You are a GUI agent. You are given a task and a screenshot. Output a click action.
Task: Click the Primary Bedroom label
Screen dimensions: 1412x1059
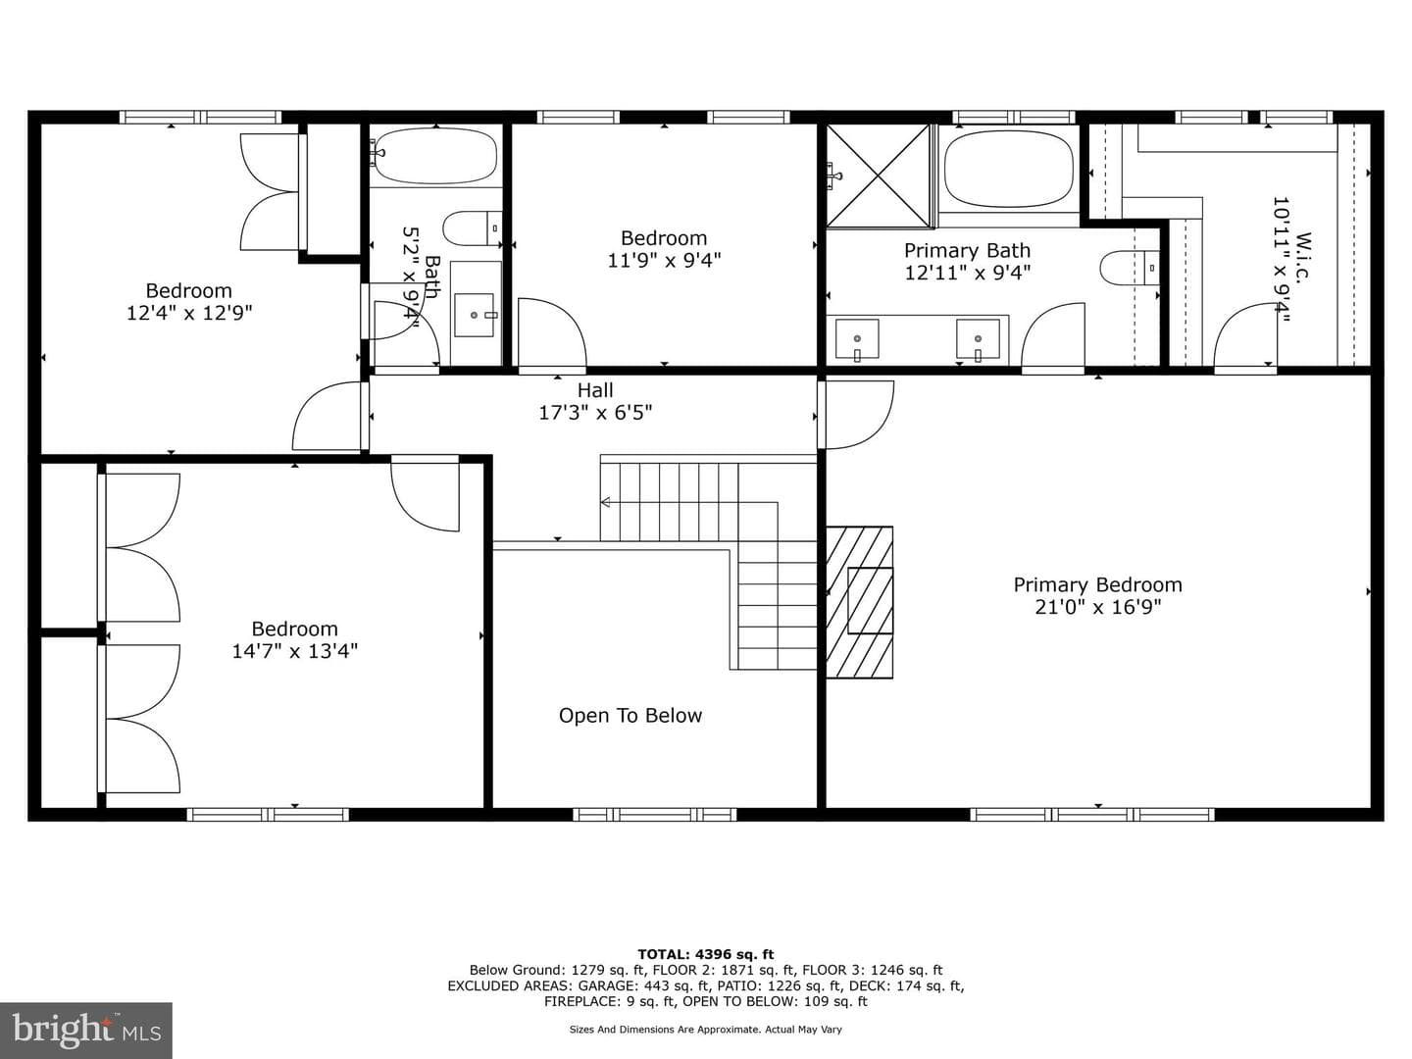[x=1097, y=584]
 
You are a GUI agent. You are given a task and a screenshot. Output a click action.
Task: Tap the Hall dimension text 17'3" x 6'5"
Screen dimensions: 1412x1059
[x=595, y=412]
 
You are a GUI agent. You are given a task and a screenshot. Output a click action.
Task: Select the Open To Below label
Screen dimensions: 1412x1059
[x=630, y=716]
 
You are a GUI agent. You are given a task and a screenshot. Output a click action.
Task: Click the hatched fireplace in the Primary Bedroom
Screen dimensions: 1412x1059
[x=859, y=602]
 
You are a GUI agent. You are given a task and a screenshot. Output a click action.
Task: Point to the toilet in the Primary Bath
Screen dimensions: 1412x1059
[x=1129, y=267]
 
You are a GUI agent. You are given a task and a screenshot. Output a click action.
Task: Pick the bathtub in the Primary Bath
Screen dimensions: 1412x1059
[x=1009, y=170]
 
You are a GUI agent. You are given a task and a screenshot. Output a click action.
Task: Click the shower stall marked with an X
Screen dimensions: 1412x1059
[x=878, y=176]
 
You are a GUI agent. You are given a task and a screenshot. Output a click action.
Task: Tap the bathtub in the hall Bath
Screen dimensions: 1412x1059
[x=435, y=155]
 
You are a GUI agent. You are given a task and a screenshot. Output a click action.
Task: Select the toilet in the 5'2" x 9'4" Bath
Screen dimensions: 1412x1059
[x=473, y=228]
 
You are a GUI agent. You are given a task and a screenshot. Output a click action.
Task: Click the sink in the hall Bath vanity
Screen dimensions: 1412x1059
[x=475, y=315]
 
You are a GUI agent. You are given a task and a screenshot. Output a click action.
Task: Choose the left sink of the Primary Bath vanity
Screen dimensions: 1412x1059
[x=857, y=339]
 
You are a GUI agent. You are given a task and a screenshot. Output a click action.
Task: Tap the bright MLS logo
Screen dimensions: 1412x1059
[x=86, y=1030]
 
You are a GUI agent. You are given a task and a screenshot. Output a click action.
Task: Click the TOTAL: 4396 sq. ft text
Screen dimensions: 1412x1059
[x=706, y=954]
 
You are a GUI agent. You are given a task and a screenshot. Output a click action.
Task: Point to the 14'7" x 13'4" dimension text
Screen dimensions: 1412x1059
[x=294, y=651]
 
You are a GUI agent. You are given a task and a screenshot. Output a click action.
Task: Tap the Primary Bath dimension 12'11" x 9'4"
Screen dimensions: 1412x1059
[x=968, y=273]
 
